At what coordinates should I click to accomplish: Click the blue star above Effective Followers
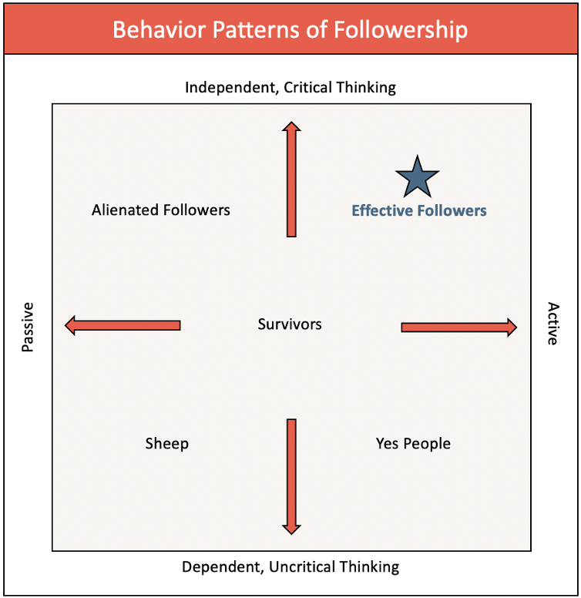click(x=417, y=177)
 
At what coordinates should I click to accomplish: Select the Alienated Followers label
click(x=160, y=210)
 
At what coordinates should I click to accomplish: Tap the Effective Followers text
click(x=418, y=210)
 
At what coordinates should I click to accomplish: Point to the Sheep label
click(x=166, y=444)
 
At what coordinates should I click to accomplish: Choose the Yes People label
click(x=413, y=444)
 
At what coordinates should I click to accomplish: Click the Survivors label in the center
click(x=290, y=324)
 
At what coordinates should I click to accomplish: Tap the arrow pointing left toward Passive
click(x=123, y=326)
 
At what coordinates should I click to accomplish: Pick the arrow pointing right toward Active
click(x=458, y=328)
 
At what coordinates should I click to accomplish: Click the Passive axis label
click(x=29, y=327)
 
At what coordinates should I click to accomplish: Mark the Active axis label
click(x=552, y=324)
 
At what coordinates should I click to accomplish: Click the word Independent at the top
click(x=230, y=87)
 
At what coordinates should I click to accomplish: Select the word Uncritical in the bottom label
click(x=301, y=568)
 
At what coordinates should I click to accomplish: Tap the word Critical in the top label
click(x=310, y=87)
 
